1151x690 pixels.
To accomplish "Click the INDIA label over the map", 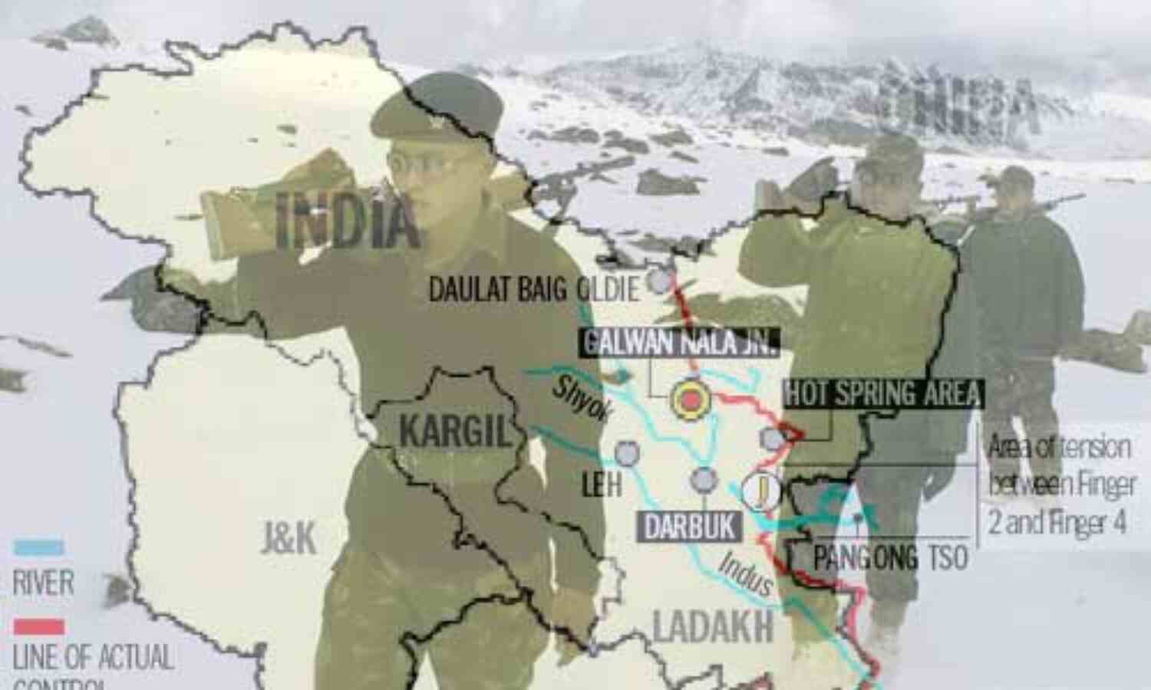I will pos(347,220).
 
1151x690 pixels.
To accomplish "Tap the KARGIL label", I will pos(454,433).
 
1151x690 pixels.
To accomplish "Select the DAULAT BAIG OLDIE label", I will pos(533,290).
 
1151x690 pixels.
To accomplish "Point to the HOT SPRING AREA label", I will pos(882,393).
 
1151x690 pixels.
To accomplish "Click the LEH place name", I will pos(602,485).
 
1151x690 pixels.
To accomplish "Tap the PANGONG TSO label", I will pos(890,558).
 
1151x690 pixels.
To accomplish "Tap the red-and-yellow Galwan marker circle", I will pos(691,399).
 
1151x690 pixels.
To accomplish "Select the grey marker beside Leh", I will pos(627,453).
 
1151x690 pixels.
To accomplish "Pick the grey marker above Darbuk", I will pos(702,479).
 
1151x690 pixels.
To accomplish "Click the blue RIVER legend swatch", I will pos(38,548).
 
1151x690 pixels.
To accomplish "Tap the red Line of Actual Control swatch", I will pos(38,627).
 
